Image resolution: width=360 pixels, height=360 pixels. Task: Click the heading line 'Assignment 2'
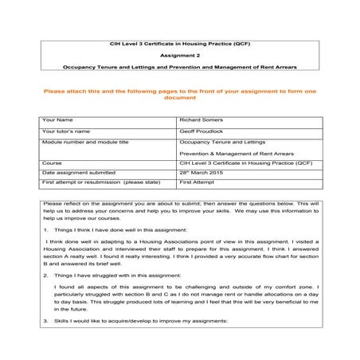pyautogui.click(x=179, y=56)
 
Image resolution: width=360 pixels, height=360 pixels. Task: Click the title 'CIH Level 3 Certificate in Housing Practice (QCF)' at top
pyautogui.click(x=179, y=42)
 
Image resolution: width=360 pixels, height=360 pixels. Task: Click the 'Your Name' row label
pyautogui.click(x=57, y=119)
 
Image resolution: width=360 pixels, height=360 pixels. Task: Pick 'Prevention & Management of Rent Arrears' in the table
pyautogui.click(x=237, y=152)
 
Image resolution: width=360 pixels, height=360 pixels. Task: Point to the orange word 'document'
pyautogui.click(x=179, y=97)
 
